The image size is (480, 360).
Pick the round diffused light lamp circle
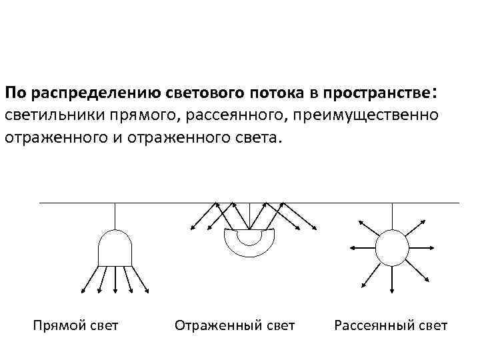392,247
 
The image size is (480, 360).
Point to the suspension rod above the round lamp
392,216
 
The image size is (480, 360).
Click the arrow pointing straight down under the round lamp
392,280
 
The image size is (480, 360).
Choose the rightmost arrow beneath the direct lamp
141,279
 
